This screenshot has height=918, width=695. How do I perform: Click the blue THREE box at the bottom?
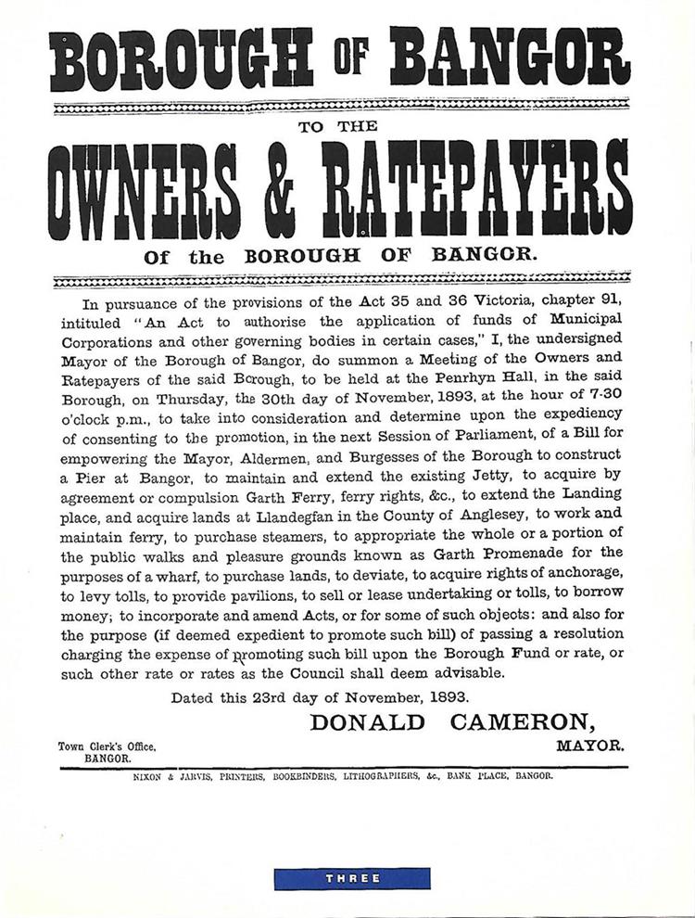[351, 877]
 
